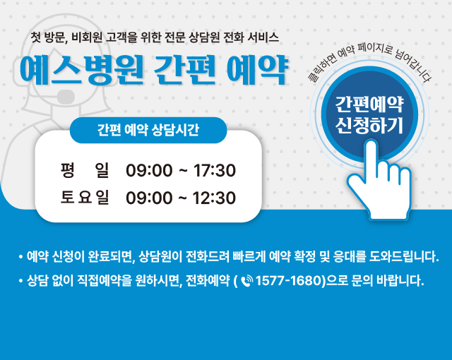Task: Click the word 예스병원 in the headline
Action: coord(82,71)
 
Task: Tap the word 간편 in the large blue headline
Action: coord(184,71)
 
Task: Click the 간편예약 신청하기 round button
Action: coord(369,114)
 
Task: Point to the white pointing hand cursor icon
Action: coord(379,181)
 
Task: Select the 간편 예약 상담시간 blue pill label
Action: coord(148,130)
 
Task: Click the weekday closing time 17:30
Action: coord(215,170)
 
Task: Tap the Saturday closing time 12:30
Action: coord(215,198)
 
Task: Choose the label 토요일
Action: coord(85,197)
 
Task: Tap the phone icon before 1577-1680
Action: coord(246,281)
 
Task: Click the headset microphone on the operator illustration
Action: coord(66,97)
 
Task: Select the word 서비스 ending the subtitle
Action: coord(263,37)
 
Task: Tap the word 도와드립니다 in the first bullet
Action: coord(403,256)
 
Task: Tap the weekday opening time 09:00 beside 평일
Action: coord(149,170)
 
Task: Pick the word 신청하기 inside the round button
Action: coord(369,125)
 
